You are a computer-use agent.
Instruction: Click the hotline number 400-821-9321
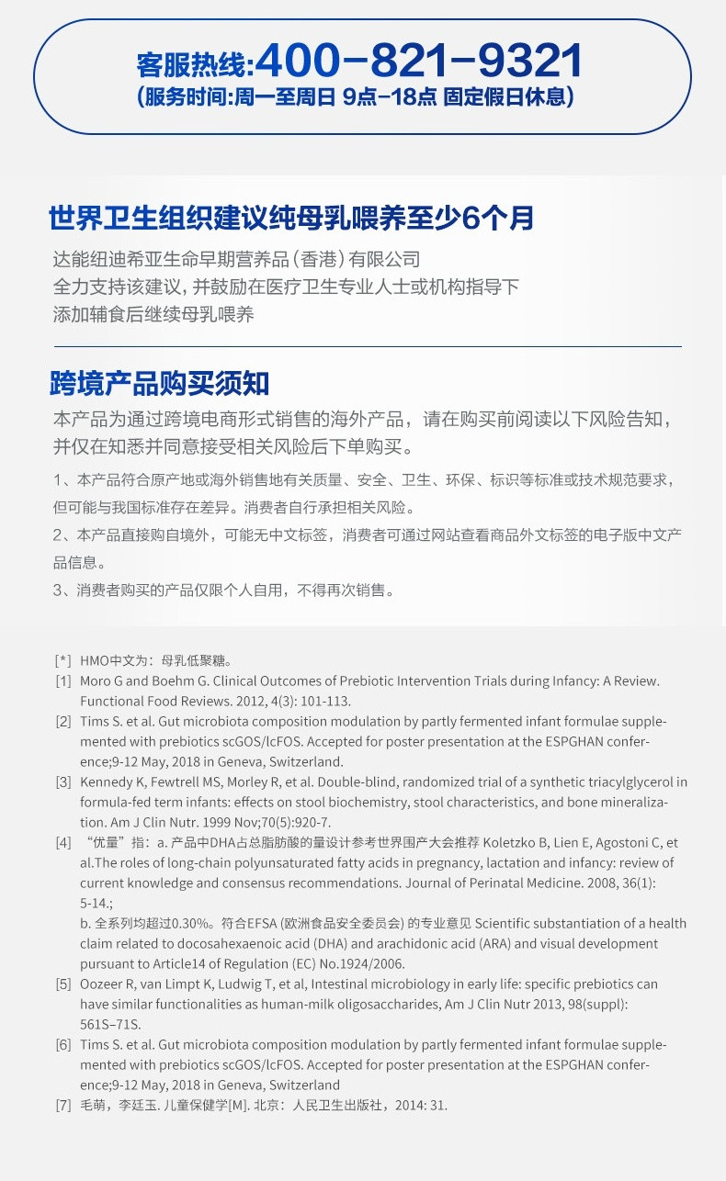(418, 62)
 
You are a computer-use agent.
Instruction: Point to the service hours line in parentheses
(355, 97)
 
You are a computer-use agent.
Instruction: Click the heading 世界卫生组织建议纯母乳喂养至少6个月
(291, 219)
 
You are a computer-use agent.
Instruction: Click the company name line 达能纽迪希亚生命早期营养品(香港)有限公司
(236, 260)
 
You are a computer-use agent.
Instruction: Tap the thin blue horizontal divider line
(368, 346)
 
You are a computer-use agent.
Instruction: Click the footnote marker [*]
(62, 660)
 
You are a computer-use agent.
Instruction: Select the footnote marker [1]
(62, 681)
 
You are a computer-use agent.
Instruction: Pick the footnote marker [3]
(62, 782)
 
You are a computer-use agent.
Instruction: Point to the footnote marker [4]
(62, 843)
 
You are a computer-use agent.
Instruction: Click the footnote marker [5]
(62, 984)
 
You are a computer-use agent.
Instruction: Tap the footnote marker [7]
(62, 1106)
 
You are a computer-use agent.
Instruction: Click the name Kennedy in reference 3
(108, 782)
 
